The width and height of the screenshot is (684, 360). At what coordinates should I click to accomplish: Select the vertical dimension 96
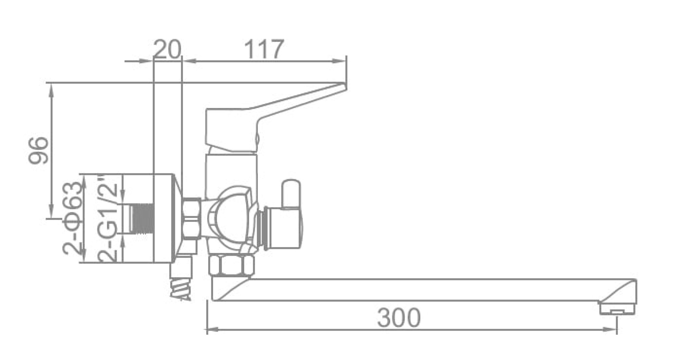[38, 150]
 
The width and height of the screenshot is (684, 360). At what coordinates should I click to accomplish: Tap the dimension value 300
[399, 317]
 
